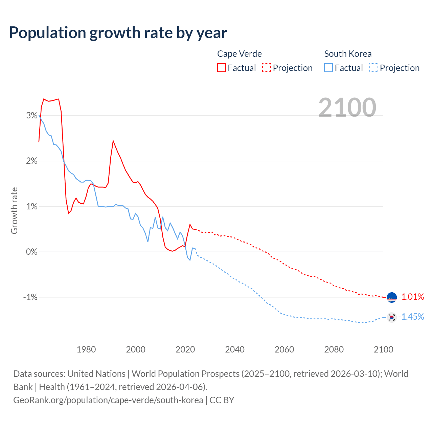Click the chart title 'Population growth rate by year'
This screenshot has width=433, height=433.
tap(118, 33)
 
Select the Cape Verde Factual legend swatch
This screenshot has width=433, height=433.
tap(221, 68)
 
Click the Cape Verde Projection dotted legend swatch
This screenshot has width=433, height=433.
tap(267, 68)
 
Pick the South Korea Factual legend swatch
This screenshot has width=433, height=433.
tap(328, 68)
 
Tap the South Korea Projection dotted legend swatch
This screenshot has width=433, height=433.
tap(373, 68)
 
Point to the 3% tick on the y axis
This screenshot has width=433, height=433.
tap(32, 116)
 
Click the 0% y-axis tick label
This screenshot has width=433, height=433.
tap(32, 252)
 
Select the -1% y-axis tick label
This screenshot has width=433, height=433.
tap(30, 297)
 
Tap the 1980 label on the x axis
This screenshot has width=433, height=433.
tap(86, 349)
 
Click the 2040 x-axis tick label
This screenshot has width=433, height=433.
tap(235, 349)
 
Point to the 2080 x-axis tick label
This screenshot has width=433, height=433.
tap(334, 349)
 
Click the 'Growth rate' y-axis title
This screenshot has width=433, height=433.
tap(14, 210)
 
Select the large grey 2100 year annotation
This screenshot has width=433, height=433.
tap(347, 108)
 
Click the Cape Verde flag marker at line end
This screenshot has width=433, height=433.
tap(392, 297)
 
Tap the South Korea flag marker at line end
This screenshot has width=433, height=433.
tap(392, 317)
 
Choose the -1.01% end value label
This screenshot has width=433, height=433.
tap(411, 297)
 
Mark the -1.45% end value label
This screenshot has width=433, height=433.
tap(411, 317)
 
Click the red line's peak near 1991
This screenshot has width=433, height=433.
tap(113, 141)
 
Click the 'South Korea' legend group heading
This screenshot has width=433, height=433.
tap(348, 54)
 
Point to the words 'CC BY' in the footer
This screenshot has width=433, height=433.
tap(222, 400)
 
